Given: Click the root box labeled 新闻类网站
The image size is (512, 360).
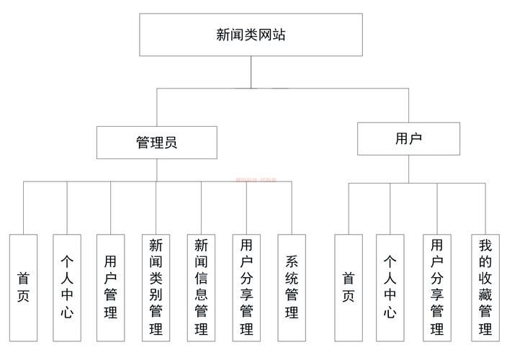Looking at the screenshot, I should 251,34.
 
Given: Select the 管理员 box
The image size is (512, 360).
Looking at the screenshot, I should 156,142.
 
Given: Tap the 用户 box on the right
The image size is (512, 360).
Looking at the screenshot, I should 408,138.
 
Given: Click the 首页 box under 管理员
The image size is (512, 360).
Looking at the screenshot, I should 23,287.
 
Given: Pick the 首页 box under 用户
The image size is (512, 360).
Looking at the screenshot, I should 349,287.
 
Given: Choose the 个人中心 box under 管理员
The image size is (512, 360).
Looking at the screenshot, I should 67,287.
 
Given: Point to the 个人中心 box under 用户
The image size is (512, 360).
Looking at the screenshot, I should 390,287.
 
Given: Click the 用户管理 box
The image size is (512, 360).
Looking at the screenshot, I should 111,287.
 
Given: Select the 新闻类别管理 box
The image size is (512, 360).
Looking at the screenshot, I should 156,287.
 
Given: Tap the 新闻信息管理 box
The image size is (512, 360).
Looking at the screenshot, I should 201,287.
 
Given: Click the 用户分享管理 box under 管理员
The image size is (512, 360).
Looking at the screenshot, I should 246,287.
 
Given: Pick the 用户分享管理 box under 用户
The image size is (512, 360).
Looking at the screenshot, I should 436,287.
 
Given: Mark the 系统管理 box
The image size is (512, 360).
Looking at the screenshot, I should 292,287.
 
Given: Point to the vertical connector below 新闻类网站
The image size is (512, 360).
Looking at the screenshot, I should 251,72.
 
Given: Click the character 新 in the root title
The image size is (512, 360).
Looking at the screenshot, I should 224,34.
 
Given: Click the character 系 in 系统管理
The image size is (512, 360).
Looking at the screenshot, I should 292,261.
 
